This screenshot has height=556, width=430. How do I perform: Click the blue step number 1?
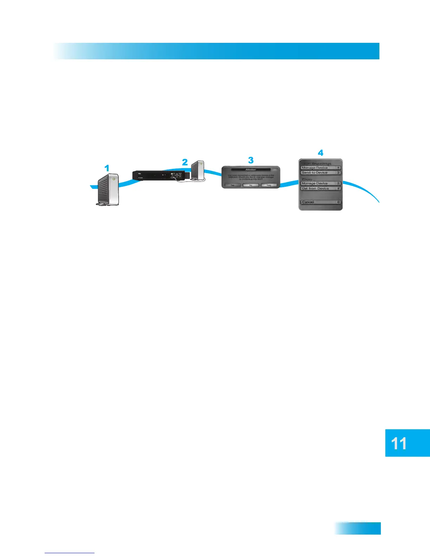coord(107,168)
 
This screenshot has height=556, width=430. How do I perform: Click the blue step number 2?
coord(185,162)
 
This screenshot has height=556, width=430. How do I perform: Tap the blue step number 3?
coord(250,160)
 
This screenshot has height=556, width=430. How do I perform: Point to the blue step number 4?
coord(320,153)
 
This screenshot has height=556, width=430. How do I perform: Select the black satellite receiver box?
coord(158,175)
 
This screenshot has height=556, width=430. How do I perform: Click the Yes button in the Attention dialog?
coord(233,185)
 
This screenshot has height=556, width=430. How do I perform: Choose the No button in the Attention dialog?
coord(251,185)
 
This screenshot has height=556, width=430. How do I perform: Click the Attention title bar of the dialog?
coord(251,170)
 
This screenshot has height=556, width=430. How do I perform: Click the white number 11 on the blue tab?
coord(399,444)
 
